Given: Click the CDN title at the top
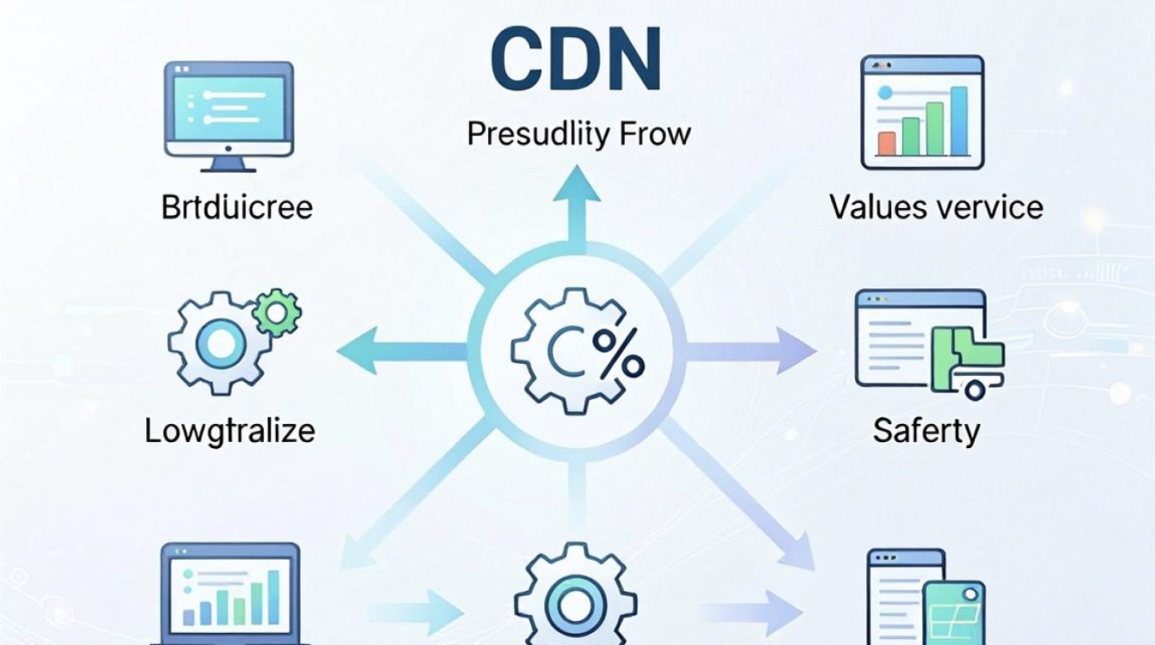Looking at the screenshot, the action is click(x=576, y=58).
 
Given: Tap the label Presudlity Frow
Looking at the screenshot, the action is click(x=578, y=135).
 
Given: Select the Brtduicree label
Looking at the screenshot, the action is click(x=237, y=207).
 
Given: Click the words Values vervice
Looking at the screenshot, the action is click(x=937, y=207).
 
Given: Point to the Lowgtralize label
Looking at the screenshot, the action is click(x=230, y=431).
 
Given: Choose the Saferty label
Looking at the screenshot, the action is click(x=926, y=431).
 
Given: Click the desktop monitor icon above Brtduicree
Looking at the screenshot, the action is click(x=229, y=117).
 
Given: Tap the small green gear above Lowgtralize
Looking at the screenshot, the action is click(x=277, y=313).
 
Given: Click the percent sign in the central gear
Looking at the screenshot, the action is click(x=618, y=353).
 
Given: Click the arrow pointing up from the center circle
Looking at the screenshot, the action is click(x=577, y=206).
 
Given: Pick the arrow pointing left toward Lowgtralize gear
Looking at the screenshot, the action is click(x=402, y=351).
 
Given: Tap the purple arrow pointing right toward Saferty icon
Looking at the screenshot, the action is click(x=750, y=351).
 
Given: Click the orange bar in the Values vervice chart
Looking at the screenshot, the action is click(x=886, y=144).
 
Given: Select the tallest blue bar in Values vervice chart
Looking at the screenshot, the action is click(x=958, y=120).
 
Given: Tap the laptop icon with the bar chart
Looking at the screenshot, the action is click(x=230, y=593).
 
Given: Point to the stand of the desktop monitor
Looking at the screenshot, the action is click(x=229, y=164).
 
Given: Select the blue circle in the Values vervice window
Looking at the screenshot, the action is click(x=884, y=92).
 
